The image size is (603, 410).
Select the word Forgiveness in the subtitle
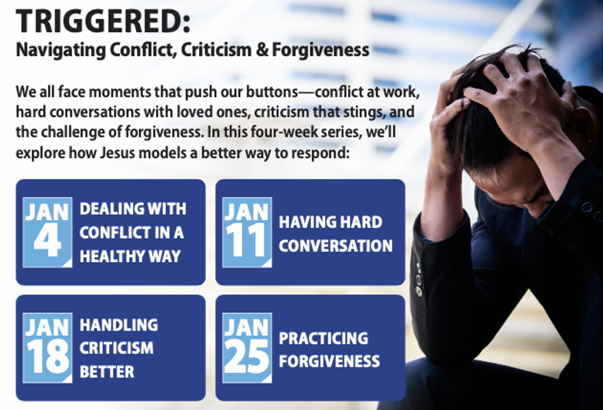coord(320,50)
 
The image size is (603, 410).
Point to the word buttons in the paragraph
coord(272,92)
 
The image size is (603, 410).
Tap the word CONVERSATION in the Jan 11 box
coord(336,245)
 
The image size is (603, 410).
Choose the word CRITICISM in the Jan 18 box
coord(117,348)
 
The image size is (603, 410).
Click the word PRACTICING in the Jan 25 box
coord(323,338)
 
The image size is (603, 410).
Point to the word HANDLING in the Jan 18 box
coord(119,325)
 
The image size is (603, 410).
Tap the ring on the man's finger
coord(463,104)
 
